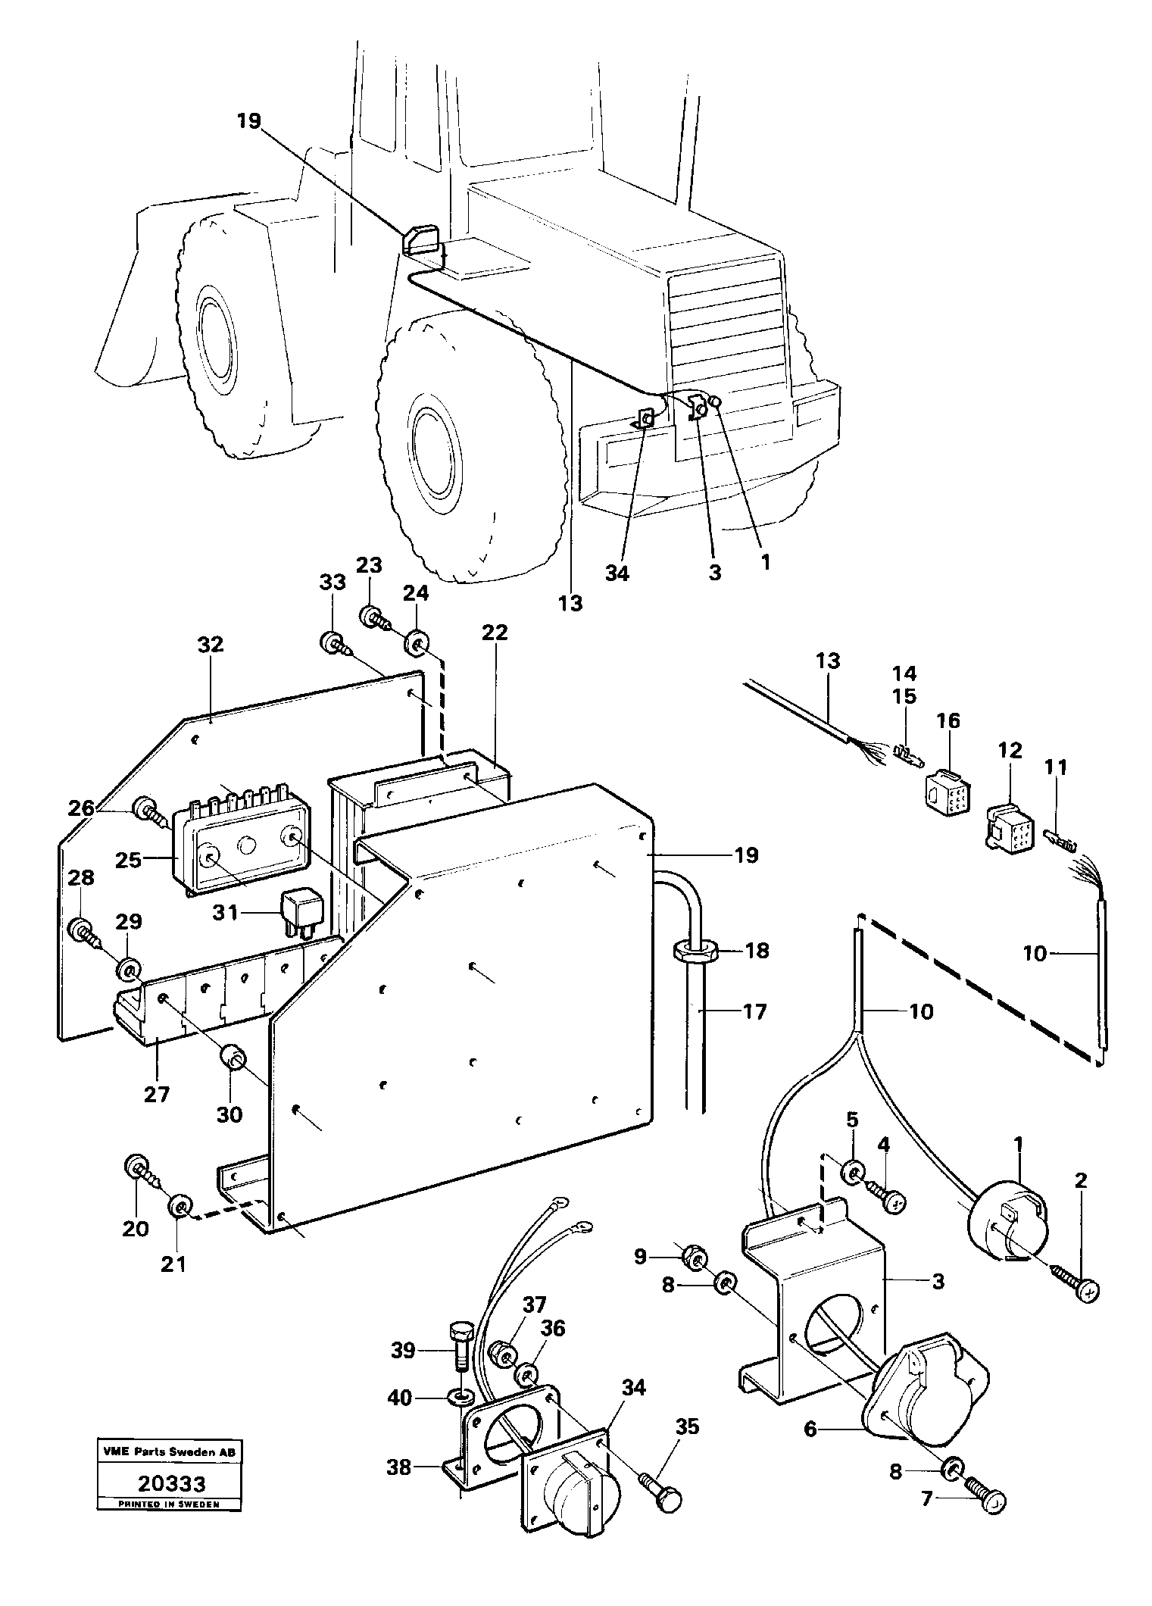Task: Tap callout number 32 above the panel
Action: (x=211, y=645)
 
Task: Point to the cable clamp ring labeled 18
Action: (x=694, y=951)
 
